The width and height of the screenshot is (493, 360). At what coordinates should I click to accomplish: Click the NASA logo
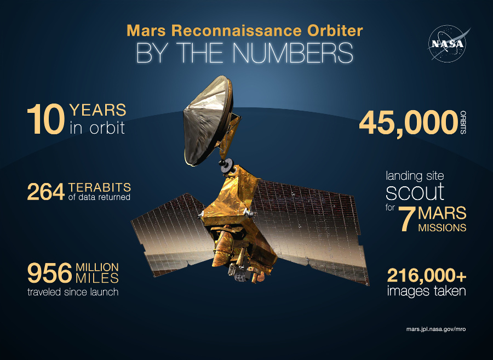coord(447,43)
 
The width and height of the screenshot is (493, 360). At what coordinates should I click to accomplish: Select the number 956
coord(50,272)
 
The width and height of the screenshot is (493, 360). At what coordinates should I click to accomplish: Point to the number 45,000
coord(408,122)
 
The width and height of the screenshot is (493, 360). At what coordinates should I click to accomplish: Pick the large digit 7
coord(405,219)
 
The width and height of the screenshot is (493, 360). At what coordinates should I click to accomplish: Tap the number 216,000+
coord(426,275)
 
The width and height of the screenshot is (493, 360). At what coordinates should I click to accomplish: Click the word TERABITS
coord(99,186)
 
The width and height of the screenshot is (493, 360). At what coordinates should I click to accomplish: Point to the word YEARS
coord(98,110)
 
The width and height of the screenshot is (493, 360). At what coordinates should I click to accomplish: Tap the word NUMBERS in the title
coord(293,53)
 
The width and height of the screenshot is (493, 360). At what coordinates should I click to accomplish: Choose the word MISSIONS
coord(443,227)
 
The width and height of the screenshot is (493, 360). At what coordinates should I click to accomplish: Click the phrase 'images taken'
coord(426,291)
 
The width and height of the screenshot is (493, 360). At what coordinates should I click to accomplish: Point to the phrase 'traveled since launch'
coord(73,292)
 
